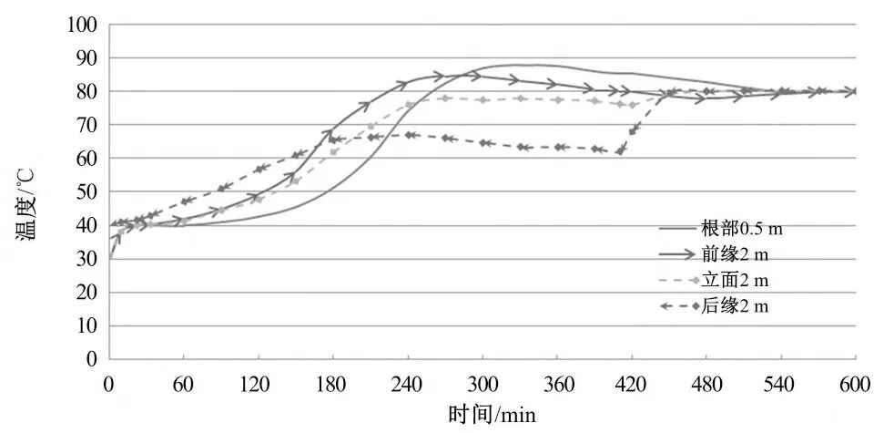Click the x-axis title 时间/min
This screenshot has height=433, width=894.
click(493, 415)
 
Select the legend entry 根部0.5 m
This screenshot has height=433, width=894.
click(742, 228)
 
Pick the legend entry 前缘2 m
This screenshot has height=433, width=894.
click(736, 254)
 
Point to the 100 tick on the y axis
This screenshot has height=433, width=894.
click(86, 25)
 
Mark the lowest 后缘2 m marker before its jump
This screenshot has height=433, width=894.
click(620, 151)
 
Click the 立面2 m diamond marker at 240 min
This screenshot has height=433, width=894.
click(409, 105)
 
